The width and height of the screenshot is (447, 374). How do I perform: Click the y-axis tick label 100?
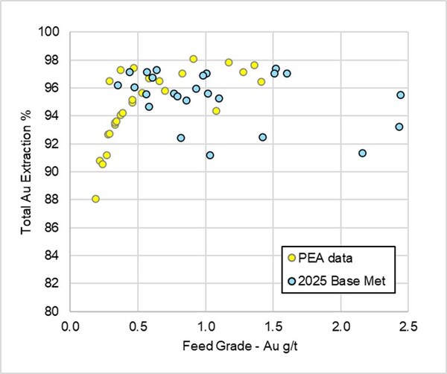[53, 32]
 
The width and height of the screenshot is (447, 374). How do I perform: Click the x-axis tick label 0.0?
[71, 326]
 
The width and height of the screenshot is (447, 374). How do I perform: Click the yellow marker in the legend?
[291, 257]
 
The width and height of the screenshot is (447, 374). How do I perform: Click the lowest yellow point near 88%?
[95, 199]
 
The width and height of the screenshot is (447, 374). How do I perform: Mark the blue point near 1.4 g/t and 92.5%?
[263, 137]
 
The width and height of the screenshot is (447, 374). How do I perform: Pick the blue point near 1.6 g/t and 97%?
[287, 74]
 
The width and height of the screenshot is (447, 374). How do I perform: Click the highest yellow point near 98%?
[194, 59]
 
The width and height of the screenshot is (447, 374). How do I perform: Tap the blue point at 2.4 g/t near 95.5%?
[401, 95]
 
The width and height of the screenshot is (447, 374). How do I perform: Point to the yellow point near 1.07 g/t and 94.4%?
[216, 111]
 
